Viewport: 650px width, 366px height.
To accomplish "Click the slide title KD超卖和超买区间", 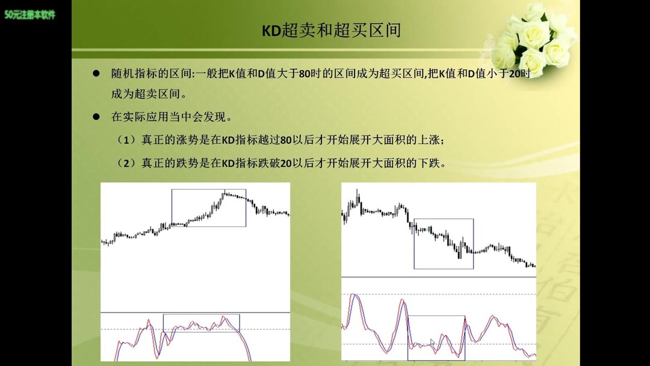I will click(x=331, y=31).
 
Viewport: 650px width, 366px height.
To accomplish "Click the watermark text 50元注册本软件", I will click(x=30, y=14).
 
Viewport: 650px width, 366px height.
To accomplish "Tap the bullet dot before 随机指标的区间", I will click(x=96, y=73).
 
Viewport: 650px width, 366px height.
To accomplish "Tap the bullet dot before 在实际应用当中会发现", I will click(x=96, y=117).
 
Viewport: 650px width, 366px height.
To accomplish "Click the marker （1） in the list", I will click(x=126, y=140).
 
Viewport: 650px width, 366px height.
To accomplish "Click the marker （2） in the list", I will click(x=126, y=163).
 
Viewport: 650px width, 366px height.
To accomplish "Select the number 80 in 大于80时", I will click(x=305, y=74).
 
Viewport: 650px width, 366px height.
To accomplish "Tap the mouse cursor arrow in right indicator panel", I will click(x=433, y=343).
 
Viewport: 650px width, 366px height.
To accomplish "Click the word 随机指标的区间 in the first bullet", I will click(x=150, y=74).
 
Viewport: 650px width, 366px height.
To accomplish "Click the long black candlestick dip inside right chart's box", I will click(x=459, y=249).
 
